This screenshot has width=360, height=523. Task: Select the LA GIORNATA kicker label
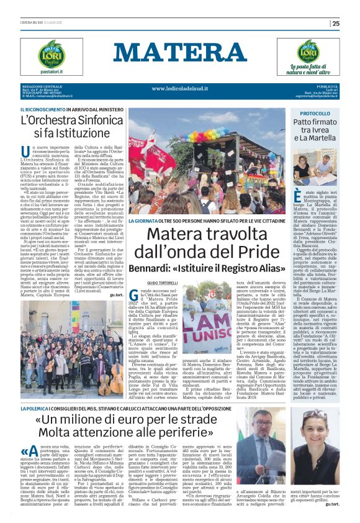(x=143, y=221)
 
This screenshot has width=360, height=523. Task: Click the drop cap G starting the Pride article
(x=135, y=296)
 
